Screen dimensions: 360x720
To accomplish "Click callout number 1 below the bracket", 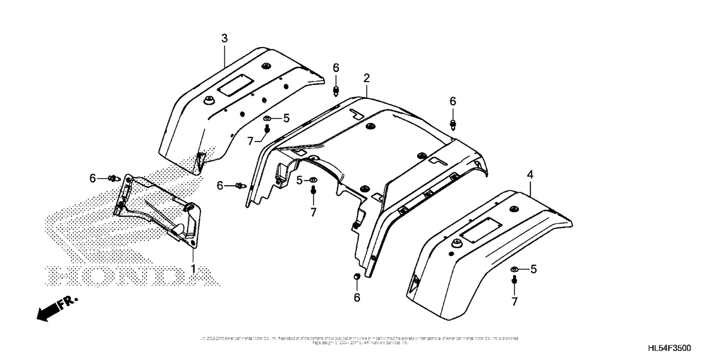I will click(192, 265).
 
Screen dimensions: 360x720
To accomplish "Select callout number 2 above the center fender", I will click(366, 78).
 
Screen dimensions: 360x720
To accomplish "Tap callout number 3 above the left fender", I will click(224, 39).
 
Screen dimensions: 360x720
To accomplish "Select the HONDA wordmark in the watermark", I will click(129, 275).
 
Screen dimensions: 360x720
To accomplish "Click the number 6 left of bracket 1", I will click(93, 177).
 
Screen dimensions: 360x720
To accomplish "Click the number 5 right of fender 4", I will click(533, 269).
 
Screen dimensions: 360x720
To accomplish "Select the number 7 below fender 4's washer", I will click(514, 301).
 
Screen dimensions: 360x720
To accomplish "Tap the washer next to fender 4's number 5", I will click(515, 269).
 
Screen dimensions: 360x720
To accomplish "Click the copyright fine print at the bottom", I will click(359, 339).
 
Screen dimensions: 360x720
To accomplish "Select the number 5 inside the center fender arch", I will click(299, 181).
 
